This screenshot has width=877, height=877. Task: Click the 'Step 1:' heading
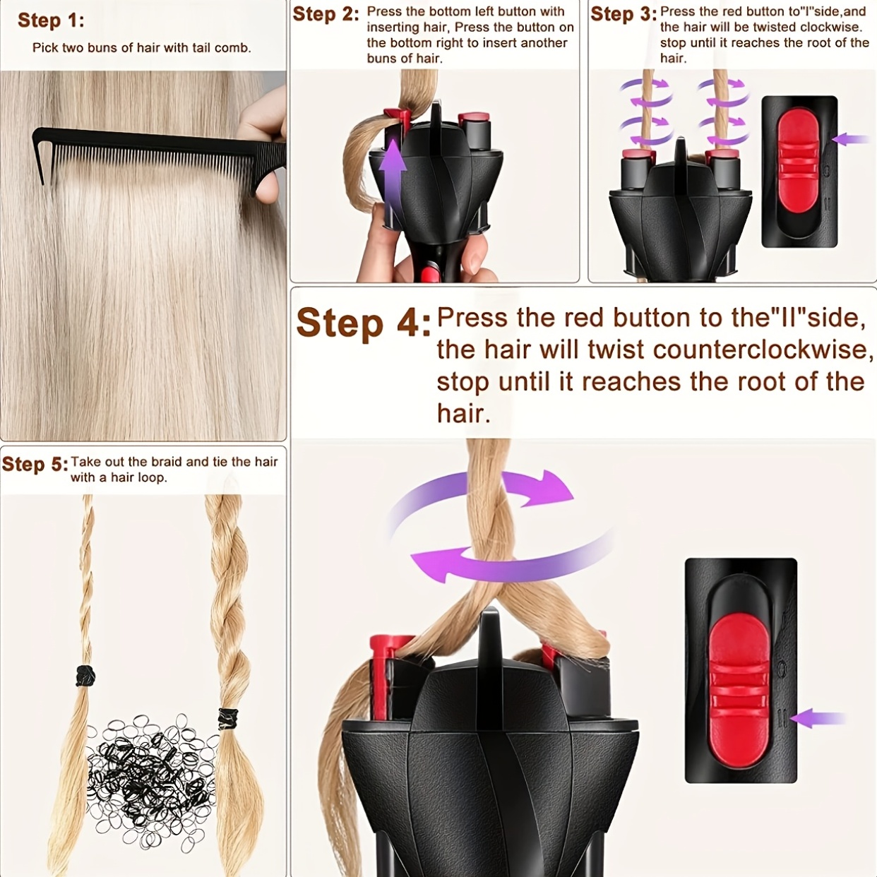click(x=51, y=21)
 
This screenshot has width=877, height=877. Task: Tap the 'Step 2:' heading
click(x=326, y=14)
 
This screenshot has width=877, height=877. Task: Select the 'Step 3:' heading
click(x=624, y=14)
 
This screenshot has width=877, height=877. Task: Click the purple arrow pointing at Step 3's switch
click(x=849, y=139)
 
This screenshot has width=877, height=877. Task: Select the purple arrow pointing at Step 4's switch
click(x=818, y=719)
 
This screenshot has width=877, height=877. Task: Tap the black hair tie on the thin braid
click(x=85, y=676)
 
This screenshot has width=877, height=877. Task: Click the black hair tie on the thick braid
click(x=228, y=719)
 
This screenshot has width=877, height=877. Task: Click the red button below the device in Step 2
click(x=429, y=274)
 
